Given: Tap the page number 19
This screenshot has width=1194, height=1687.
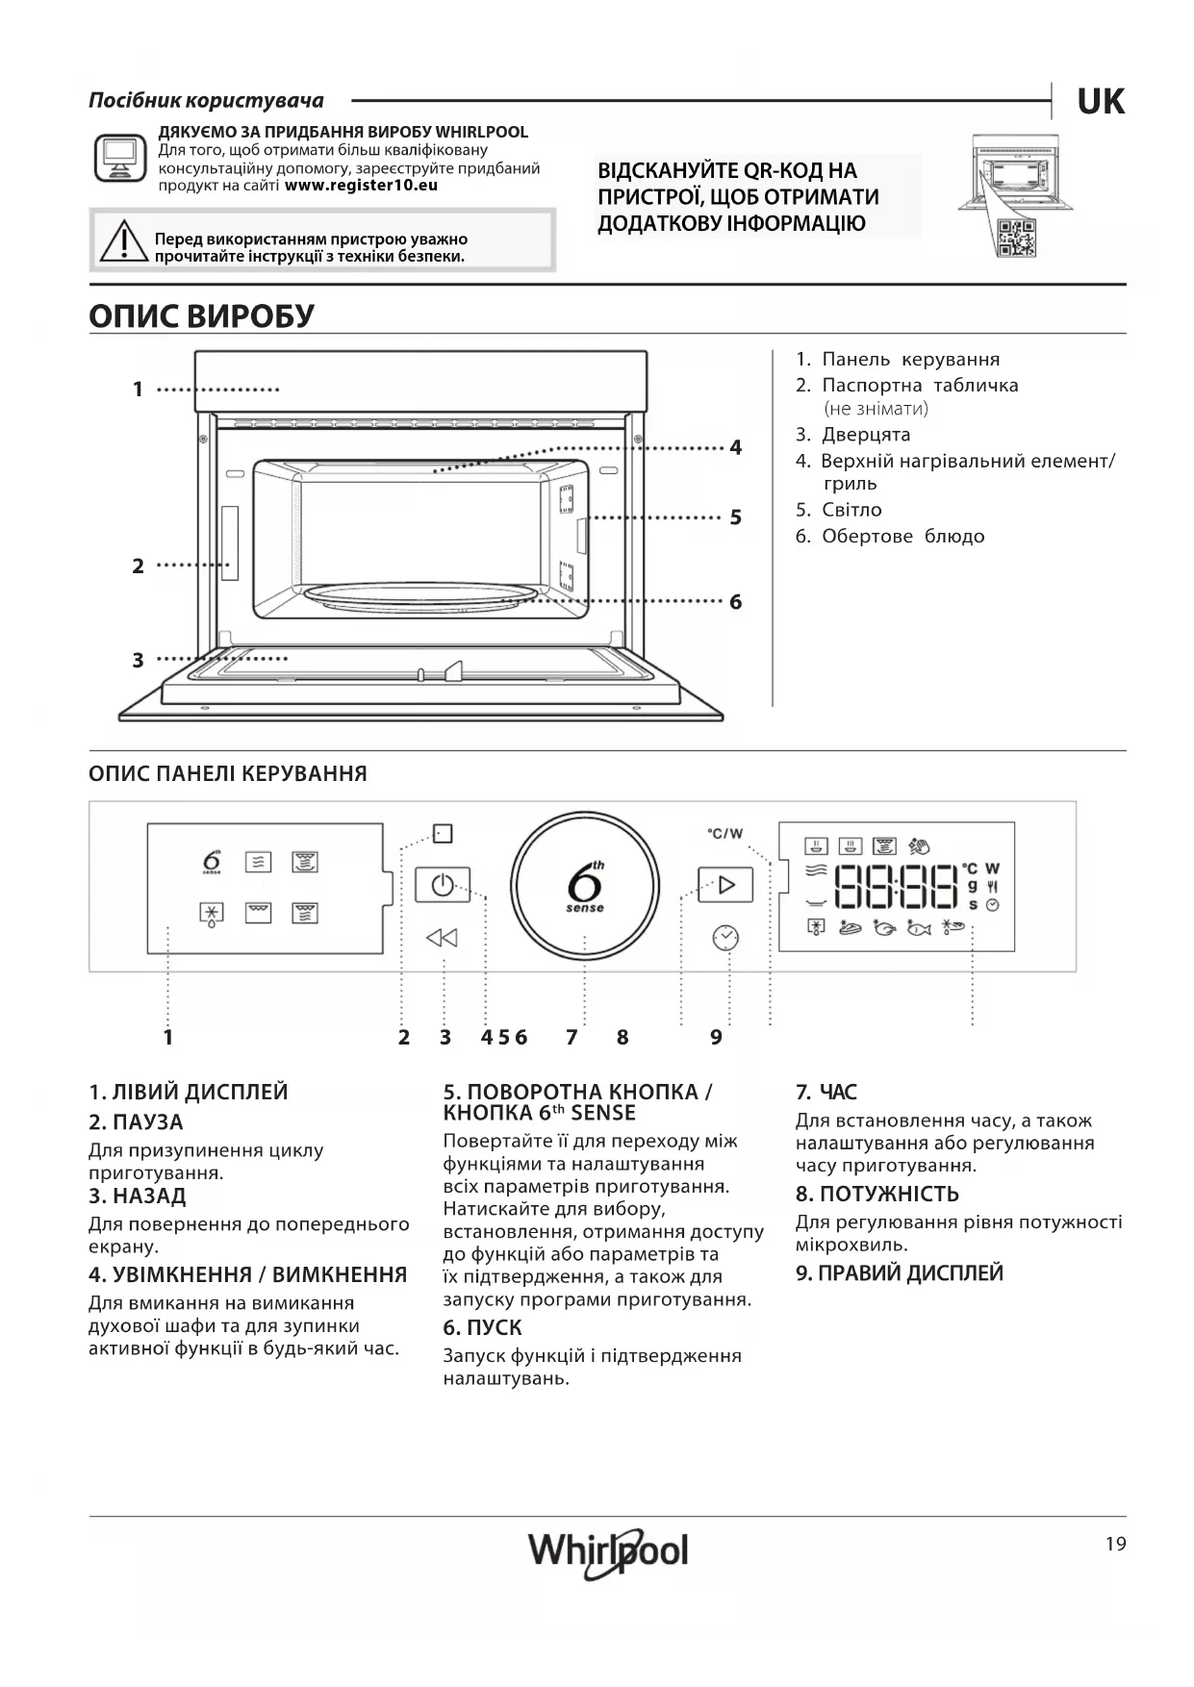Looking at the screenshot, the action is [x=1115, y=1545].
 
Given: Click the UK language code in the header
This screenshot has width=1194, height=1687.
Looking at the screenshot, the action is [x=1100, y=101].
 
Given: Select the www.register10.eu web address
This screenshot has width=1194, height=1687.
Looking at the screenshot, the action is [x=361, y=185].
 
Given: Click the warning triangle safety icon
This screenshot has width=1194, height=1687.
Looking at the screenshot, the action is [x=122, y=242].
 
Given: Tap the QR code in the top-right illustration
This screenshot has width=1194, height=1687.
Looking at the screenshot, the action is [x=1016, y=238].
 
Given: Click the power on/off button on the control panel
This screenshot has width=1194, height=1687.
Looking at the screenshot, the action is [x=443, y=884].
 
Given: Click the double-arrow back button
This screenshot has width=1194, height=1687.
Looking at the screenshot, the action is [x=442, y=938].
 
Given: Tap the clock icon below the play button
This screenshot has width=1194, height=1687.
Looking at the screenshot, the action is [x=725, y=937].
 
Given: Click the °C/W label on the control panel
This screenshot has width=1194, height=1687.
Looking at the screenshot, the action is [x=724, y=833].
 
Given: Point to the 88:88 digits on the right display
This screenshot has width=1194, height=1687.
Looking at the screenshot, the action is [x=896, y=886].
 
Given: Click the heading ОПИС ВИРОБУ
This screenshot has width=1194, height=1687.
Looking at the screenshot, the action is [x=201, y=315].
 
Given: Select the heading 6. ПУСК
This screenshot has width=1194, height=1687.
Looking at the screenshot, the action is [x=482, y=1327].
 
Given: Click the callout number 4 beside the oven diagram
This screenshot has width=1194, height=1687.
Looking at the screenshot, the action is [x=735, y=447].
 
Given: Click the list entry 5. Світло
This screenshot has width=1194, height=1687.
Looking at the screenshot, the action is [x=838, y=510].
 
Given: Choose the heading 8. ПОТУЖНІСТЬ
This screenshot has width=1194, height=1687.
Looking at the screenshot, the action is [x=876, y=1194].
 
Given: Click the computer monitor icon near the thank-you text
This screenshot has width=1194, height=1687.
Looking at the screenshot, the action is [x=120, y=158].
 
